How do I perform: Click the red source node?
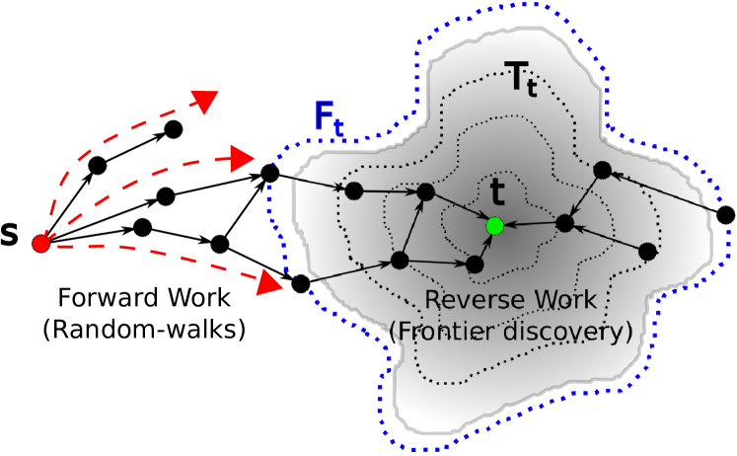[x=40, y=243]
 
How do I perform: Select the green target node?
[x=495, y=226]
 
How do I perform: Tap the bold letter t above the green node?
[x=498, y=191]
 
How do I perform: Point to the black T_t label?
[x=520, y=79]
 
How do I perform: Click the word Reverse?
[x=469, y=300]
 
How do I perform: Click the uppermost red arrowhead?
[x=206, y=100]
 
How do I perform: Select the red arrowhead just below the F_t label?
[x=244, y=158]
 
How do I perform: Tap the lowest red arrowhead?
[x=270, y=284]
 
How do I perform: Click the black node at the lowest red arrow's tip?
[x=301, y=284]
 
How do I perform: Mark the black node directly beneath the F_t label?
[x=354, y=190]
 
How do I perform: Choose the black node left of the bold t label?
[x=426, y=191]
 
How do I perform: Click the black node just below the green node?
[x=475, y=265]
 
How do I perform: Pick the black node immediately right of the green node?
[x=564, y=223]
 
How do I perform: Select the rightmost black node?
[x=647, y=252]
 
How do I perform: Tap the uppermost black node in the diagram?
[x=602, y=170]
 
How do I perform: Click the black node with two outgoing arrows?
[x=400, y=261]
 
